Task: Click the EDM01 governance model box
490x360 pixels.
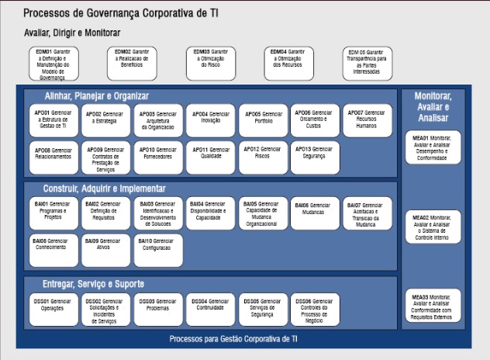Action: click(53, 64)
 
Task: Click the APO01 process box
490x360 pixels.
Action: click(53, 120)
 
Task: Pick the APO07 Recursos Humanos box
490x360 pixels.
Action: click(366, 120)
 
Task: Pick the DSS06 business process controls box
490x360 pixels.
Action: click(314, 309)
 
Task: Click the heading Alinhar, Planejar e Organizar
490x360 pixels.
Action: click(96, 95)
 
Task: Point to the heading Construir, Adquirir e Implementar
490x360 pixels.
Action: click(105, 189)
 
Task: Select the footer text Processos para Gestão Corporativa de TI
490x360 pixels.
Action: click(233, 339)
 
